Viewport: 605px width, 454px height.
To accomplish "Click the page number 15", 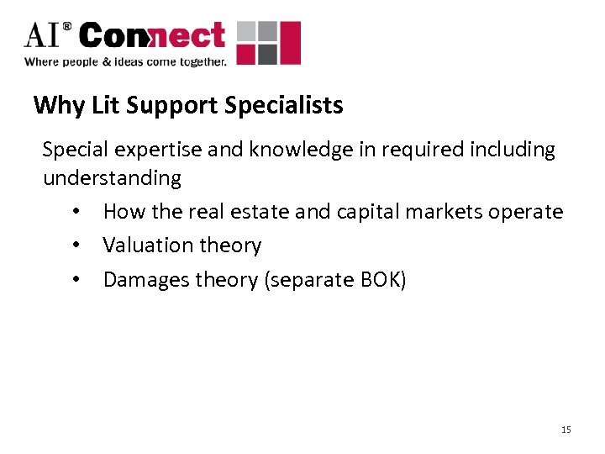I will pos(566,430).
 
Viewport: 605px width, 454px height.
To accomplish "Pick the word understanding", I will pos(112,178).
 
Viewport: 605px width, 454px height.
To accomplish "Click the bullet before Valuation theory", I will pos(76,246).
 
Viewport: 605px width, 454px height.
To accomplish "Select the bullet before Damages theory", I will pos(76,280).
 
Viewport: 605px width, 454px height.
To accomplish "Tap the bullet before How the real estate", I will pos(76,213).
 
